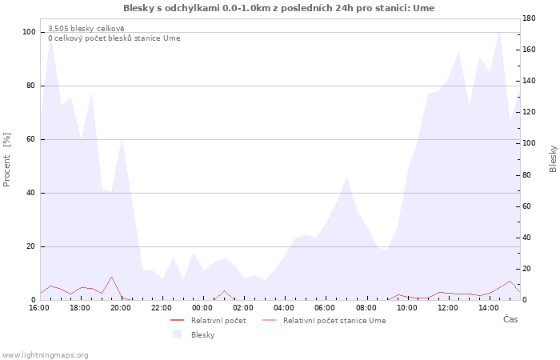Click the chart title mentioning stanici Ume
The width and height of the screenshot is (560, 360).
coord(279,8)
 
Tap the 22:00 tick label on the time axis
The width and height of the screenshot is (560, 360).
coord(162,308)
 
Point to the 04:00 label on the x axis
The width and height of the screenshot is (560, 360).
coord(284,308)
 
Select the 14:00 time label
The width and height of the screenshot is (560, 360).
coord(489,308)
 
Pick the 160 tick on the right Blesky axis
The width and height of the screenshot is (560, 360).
coord(529,50)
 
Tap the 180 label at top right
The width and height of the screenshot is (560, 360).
coord(529,18)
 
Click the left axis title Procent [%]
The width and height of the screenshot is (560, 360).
coord(6,160)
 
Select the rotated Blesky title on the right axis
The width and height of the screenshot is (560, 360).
coord(553,158)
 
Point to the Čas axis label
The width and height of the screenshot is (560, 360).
coord(510,319)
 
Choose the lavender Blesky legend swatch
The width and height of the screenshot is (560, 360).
coord(177,334)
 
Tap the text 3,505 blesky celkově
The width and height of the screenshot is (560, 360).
coord(86,29)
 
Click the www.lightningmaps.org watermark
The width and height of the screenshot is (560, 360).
coord(45,355)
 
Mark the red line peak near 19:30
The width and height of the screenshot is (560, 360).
coord(111,277)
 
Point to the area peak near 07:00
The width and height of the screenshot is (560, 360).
coord(346,177)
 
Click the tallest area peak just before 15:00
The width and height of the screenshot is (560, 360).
coord(499,32)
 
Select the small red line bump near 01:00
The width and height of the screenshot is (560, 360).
coord(224,290)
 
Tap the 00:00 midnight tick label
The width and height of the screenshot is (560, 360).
coord(202,308)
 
